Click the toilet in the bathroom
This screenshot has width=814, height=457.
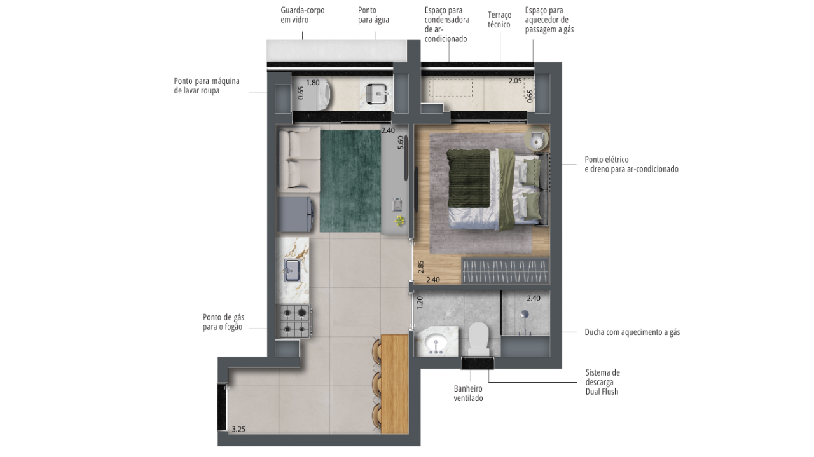pos(479,339)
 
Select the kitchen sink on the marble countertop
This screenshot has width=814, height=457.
pos(292,270)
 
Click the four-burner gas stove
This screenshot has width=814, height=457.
pos(294,321)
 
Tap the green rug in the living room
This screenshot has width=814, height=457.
pos(350,181)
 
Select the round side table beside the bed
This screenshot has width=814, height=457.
pos(536,139)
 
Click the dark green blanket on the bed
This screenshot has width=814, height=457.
pos(468,179)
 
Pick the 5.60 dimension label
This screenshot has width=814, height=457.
pos(400,142)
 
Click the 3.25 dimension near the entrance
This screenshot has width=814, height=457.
pos(238,429)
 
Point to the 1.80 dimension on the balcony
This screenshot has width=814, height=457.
pos(312,83)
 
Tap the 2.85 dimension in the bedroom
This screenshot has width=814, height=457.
pos(421,267)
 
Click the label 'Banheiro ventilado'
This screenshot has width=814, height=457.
pos(468,393)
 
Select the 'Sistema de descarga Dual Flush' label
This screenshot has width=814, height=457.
pos(602,382)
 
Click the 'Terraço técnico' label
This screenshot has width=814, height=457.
pos(499,20)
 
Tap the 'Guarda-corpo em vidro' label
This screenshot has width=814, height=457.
pos(302,15)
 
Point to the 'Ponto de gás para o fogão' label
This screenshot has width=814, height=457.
pos(223,322)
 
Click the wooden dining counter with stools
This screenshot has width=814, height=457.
pos(395,384)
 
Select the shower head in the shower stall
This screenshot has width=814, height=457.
pos(524,315)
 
